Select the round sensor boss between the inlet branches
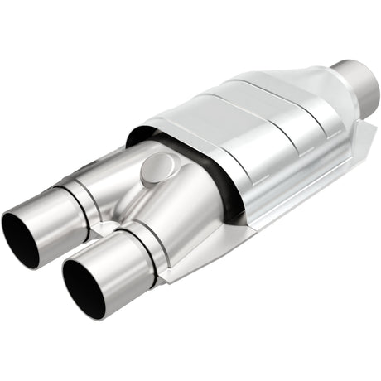[x=153, y=169]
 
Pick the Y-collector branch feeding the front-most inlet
[x=186, y=215]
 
